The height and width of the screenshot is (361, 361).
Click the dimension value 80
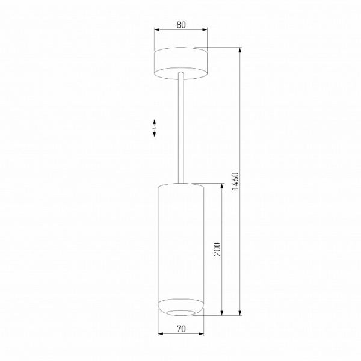(x=180, y=25)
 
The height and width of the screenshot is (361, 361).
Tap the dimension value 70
(x=180, y=329)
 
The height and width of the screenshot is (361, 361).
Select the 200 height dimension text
(x=218, y=249)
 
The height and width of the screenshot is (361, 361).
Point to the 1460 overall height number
(x=235, y=181)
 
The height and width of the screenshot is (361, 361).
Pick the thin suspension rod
(x=180, y=126)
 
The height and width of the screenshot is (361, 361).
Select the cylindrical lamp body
(x=180, y=241)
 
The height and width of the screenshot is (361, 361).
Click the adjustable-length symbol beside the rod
(x=155, y=127)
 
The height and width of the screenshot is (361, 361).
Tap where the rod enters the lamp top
(x=180, y=182)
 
